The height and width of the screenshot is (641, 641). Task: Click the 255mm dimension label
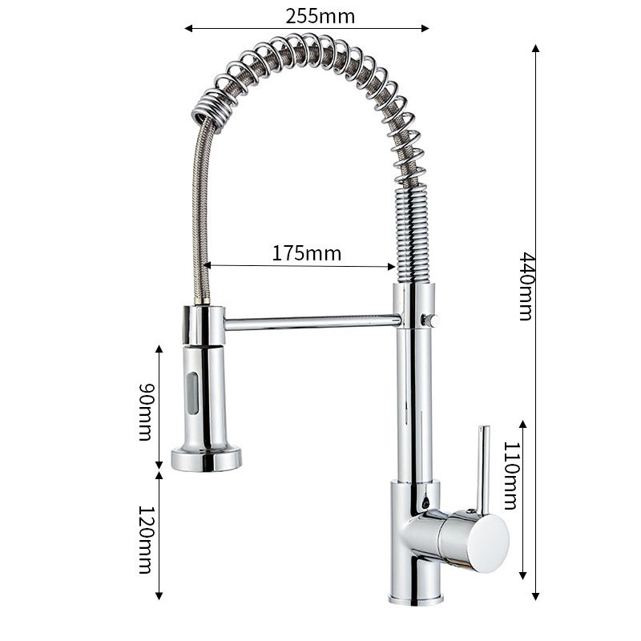320,16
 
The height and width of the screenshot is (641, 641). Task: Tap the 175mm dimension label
307,253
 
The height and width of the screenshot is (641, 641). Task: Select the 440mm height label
526,286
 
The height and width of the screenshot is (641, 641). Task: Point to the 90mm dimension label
146,412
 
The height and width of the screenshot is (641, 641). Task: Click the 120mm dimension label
146,539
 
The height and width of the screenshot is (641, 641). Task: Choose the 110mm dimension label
510,475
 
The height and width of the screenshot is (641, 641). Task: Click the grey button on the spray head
192,393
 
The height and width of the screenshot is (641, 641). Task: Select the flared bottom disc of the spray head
206,459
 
